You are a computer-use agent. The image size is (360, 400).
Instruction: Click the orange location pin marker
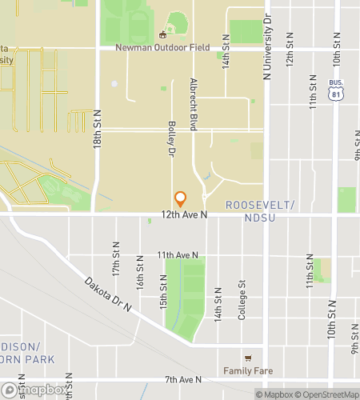pos(180,198)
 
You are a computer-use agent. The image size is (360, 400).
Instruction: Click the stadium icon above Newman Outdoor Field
pos(163,34)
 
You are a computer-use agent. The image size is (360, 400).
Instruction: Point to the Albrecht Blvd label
pos(194,105)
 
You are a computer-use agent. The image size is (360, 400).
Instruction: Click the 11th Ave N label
pos(177,254)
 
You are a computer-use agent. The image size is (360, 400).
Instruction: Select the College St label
pos(242,299)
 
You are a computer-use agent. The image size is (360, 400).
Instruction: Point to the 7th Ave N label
pos(183,378)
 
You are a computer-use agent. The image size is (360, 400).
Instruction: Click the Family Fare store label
pos(247,371)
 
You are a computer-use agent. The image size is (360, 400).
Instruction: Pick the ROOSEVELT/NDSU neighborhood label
pos(260,211)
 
